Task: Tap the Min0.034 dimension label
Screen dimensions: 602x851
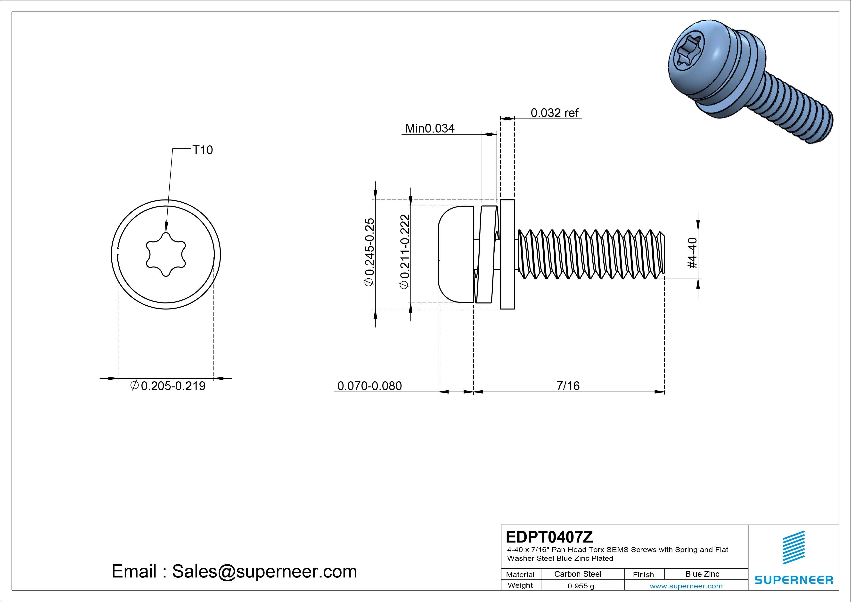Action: (430, 128)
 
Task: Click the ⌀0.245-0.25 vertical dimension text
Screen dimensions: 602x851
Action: (369, 252)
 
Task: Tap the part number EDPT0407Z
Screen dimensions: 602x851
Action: (549, 537)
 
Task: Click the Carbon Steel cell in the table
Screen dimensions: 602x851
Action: (577, 574)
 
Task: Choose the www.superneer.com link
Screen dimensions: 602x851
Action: (686, 586)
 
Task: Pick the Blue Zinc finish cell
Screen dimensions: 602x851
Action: (702, 574)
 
